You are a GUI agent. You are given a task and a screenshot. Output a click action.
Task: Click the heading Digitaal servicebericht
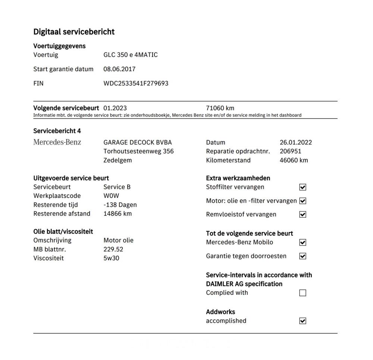[x=74, y=32]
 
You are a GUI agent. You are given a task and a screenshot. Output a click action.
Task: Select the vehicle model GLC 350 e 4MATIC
[x=130, y=55]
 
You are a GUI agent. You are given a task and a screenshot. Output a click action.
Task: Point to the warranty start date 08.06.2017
[x=119, y=69]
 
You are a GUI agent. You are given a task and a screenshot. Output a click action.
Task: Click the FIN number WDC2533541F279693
[x=136, y=83]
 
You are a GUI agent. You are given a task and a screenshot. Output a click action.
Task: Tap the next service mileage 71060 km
[x=220, y=108]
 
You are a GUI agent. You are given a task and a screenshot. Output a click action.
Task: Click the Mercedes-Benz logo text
[x=57, y=142]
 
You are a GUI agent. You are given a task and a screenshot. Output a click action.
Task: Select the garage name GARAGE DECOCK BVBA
[x=137, y=142]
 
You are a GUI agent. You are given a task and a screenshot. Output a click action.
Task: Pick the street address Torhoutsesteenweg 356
[x=138, y=151]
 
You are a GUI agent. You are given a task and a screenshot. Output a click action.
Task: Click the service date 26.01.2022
[x=296, y=142]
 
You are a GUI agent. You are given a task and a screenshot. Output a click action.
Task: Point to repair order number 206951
[x=290, y=151]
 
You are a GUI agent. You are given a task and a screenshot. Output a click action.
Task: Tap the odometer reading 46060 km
[x=294, y=160]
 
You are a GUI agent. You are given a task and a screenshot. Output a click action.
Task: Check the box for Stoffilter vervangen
[x=303, y=187]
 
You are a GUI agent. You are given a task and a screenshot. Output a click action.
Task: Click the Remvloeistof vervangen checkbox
[x=303, y=215]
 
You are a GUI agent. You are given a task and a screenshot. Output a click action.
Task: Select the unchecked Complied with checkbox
[x=303, y=293]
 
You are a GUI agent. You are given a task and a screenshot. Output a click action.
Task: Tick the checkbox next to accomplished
[x=303, y=321]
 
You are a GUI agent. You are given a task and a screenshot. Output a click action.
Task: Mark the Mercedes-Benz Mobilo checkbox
[x=303, y=243]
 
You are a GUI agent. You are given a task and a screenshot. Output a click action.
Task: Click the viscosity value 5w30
[x=111, y=258]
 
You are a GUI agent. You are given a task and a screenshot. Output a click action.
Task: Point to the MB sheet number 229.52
[x=113, y=249]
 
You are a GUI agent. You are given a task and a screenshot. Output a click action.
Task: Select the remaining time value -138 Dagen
[x=120, y=205]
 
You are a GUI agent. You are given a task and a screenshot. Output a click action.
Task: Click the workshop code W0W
[x=111, y=196]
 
